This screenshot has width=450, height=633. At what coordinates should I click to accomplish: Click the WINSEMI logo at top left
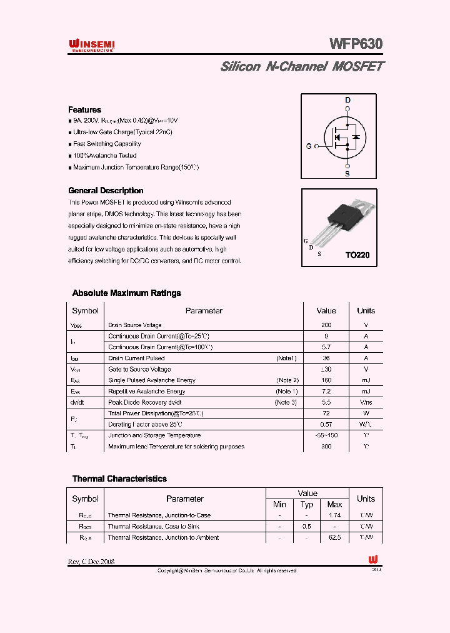91,44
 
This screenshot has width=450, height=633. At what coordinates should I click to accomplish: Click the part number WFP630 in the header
356,44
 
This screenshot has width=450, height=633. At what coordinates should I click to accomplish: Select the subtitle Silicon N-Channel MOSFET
302,66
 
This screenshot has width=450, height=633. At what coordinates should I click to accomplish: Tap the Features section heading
84,109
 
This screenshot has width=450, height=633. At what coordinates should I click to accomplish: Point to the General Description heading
106,191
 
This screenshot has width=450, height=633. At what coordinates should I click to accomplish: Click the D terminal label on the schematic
347,100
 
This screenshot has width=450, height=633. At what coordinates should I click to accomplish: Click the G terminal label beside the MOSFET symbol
309,146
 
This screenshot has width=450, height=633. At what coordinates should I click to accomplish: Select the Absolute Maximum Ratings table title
126,293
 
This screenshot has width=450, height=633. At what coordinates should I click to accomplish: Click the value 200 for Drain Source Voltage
326,325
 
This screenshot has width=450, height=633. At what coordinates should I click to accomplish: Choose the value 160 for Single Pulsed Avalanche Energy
326,380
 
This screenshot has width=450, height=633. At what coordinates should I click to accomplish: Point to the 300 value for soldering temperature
326,447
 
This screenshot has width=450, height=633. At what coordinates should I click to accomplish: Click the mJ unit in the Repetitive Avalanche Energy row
366,392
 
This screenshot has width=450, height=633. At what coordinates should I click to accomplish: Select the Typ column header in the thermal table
307,504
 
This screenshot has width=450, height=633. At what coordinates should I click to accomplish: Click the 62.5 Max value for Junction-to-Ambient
334,537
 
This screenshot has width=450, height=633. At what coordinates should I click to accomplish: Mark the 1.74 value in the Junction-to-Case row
334,515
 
